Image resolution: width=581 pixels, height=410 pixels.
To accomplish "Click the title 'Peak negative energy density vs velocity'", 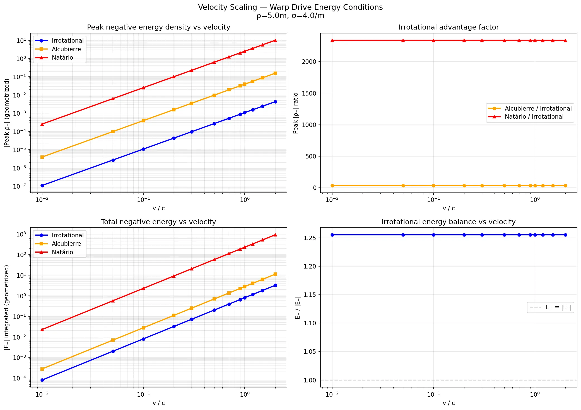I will tap(158, 27).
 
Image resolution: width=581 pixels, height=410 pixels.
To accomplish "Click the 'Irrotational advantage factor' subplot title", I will tap(449, 27).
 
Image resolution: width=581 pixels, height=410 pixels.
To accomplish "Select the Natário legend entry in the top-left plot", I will tap(62, 58).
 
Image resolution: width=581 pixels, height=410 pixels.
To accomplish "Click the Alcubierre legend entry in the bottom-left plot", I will tap(66, 244).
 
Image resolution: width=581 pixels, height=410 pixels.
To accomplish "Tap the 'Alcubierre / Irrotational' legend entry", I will tap(538, 109).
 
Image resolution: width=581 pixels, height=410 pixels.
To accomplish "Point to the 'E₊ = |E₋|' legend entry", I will tap(558, 307).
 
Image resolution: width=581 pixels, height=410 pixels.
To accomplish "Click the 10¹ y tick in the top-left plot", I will tap(21, 41).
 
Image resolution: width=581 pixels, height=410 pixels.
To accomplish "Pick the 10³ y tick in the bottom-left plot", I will tap(21, 234).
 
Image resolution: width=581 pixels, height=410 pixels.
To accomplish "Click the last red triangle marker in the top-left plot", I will tap(275, 40).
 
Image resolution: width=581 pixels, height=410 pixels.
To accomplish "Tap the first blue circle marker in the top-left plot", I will tap(42, 186).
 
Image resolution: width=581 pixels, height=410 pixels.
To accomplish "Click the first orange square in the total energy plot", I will tap(42, 369).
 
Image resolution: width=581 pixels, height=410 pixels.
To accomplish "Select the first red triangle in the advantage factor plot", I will tap(332, 40).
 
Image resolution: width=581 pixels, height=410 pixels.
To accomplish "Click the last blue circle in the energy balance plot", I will tap(565, 235).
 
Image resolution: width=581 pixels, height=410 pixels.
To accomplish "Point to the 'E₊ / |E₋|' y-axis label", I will tap(298, 307).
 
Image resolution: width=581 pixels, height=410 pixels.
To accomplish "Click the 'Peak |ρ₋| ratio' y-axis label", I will tap(296, 113).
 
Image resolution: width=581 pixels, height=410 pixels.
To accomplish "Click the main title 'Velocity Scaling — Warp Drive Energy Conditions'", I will tap(290, 7).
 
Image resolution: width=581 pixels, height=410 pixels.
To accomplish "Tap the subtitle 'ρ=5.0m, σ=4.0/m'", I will tap(290, 16).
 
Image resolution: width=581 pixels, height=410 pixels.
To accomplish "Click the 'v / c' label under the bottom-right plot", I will tap(449, 403).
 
